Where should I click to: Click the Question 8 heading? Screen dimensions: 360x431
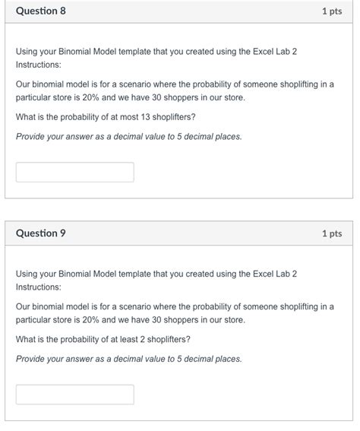(x=41, y=11)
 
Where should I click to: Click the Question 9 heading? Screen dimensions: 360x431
(x=41, y=233)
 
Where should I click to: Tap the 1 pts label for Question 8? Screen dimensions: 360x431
(x=332, y=11)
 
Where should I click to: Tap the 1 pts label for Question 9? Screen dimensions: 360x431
(x=332, y=233)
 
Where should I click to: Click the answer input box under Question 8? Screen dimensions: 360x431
(x=74, y=172)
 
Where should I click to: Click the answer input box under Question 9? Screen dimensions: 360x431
(x=74, y=394)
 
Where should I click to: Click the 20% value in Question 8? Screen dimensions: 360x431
(x=90, y=98)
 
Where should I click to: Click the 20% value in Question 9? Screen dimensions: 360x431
(x=90, y=320)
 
